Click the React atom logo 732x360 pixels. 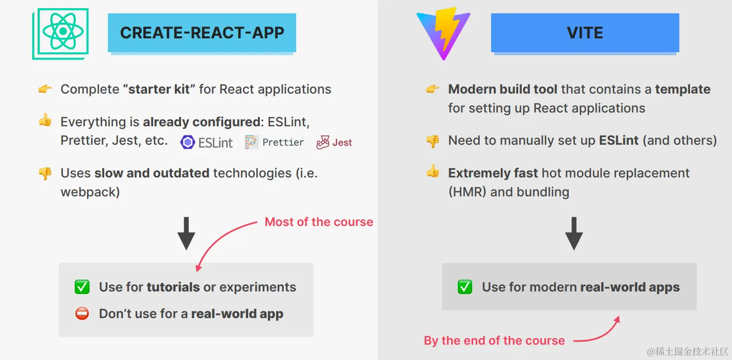60,34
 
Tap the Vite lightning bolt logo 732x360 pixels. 443,34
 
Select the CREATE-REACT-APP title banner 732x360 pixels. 202,33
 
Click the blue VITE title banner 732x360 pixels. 585,33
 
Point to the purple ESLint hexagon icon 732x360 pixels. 188,143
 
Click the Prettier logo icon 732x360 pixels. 252,142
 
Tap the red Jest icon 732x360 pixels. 323,143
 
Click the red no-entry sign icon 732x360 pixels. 82,313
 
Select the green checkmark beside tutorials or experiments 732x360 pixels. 82,287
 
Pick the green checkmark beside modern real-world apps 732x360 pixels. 464,287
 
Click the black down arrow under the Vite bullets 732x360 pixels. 574,233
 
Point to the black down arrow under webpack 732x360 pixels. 186,233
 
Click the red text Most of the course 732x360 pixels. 319,222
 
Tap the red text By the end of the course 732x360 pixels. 494,341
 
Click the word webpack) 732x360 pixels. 90,192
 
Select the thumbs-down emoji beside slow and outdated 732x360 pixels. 45,173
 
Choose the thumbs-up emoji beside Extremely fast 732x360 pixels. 433,171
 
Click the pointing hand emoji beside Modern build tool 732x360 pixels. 433,89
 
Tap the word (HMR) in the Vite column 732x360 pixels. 468,192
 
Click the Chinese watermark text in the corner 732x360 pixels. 687,351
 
